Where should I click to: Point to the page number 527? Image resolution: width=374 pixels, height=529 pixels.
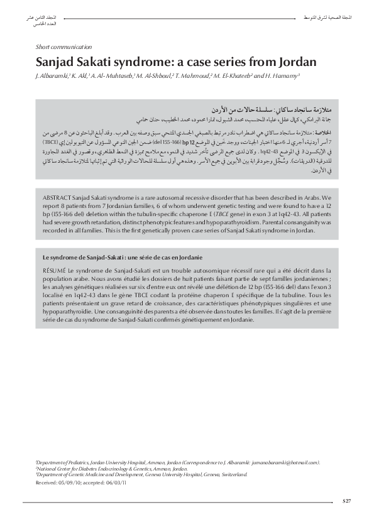[x=346, y=500]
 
